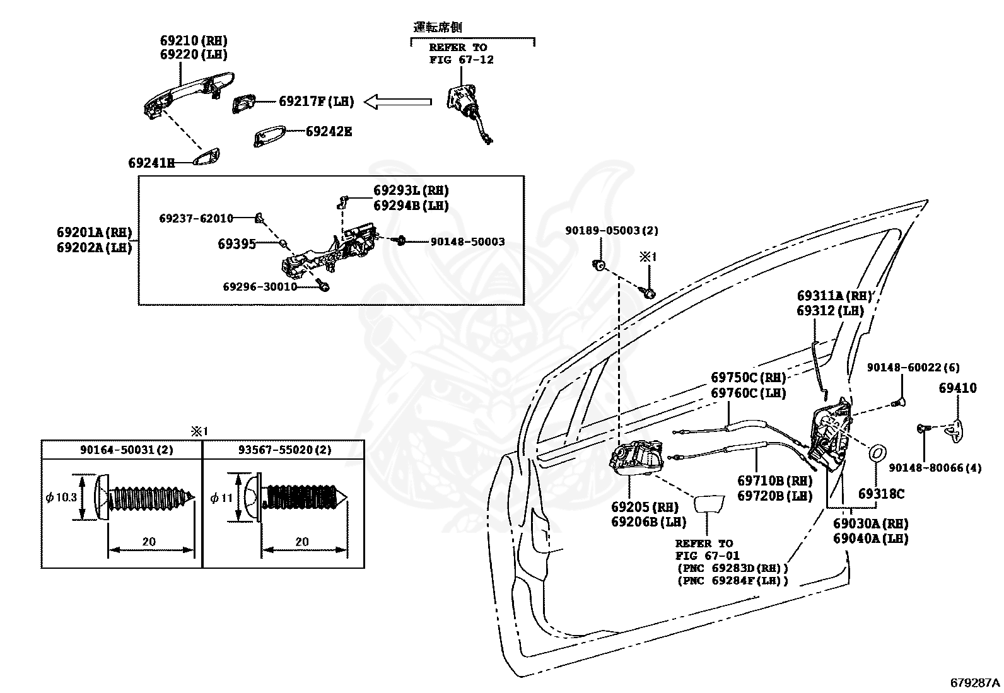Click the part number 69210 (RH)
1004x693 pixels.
194,40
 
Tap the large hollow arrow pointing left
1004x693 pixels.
397,102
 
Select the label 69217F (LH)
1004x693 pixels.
317,102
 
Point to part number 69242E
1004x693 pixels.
329,131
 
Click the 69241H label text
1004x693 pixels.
151,163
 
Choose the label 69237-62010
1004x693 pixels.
196,218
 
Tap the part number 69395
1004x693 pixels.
236,244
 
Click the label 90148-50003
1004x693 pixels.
467,242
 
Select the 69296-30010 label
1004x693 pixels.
260,286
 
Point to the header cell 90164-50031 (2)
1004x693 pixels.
126,450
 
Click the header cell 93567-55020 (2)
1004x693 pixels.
284,450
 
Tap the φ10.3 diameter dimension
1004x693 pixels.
61,497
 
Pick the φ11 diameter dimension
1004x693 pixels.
221,498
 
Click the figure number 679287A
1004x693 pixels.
975,682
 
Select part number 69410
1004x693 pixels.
958,388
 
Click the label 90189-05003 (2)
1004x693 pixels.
611,230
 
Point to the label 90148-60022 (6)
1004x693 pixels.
913,368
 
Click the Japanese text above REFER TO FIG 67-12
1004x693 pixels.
438,27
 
